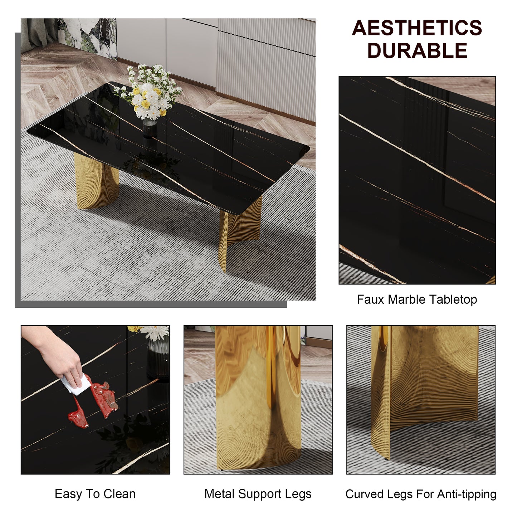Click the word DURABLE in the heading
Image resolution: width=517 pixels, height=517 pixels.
[x=417, y=50]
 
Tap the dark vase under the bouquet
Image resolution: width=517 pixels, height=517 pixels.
[x=150, y=129]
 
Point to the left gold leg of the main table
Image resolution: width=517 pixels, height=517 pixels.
[x=96, y=182]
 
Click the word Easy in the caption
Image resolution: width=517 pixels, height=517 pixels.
[x=68, y=494]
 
